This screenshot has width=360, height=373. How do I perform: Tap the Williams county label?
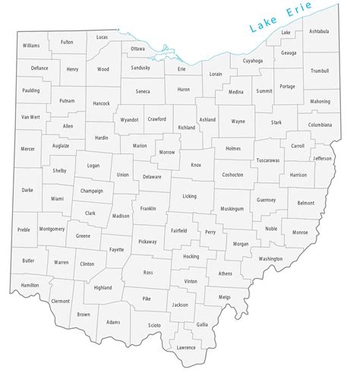click(30, 46)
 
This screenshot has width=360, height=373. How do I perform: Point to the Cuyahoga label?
click(252, 60)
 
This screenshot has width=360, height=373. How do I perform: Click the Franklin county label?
click(148, 207)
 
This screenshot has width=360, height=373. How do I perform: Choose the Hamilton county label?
click(30, 285)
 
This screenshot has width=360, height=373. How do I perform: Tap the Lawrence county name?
click(185, 347)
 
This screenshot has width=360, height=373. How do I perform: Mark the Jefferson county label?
click(323, 158)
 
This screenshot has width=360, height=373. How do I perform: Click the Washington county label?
click(270, 258)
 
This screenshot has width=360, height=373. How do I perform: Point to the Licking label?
click(189, 196)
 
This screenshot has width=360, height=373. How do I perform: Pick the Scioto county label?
click(154, 325)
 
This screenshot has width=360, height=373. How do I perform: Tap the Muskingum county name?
click(232, 208)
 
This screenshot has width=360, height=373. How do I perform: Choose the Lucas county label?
click(102, 36)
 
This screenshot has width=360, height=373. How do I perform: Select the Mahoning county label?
click(320, 101)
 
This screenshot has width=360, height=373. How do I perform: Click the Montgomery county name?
click(52, 228)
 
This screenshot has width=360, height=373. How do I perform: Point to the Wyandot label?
click(129, 120)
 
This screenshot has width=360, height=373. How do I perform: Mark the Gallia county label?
click(202, 324)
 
